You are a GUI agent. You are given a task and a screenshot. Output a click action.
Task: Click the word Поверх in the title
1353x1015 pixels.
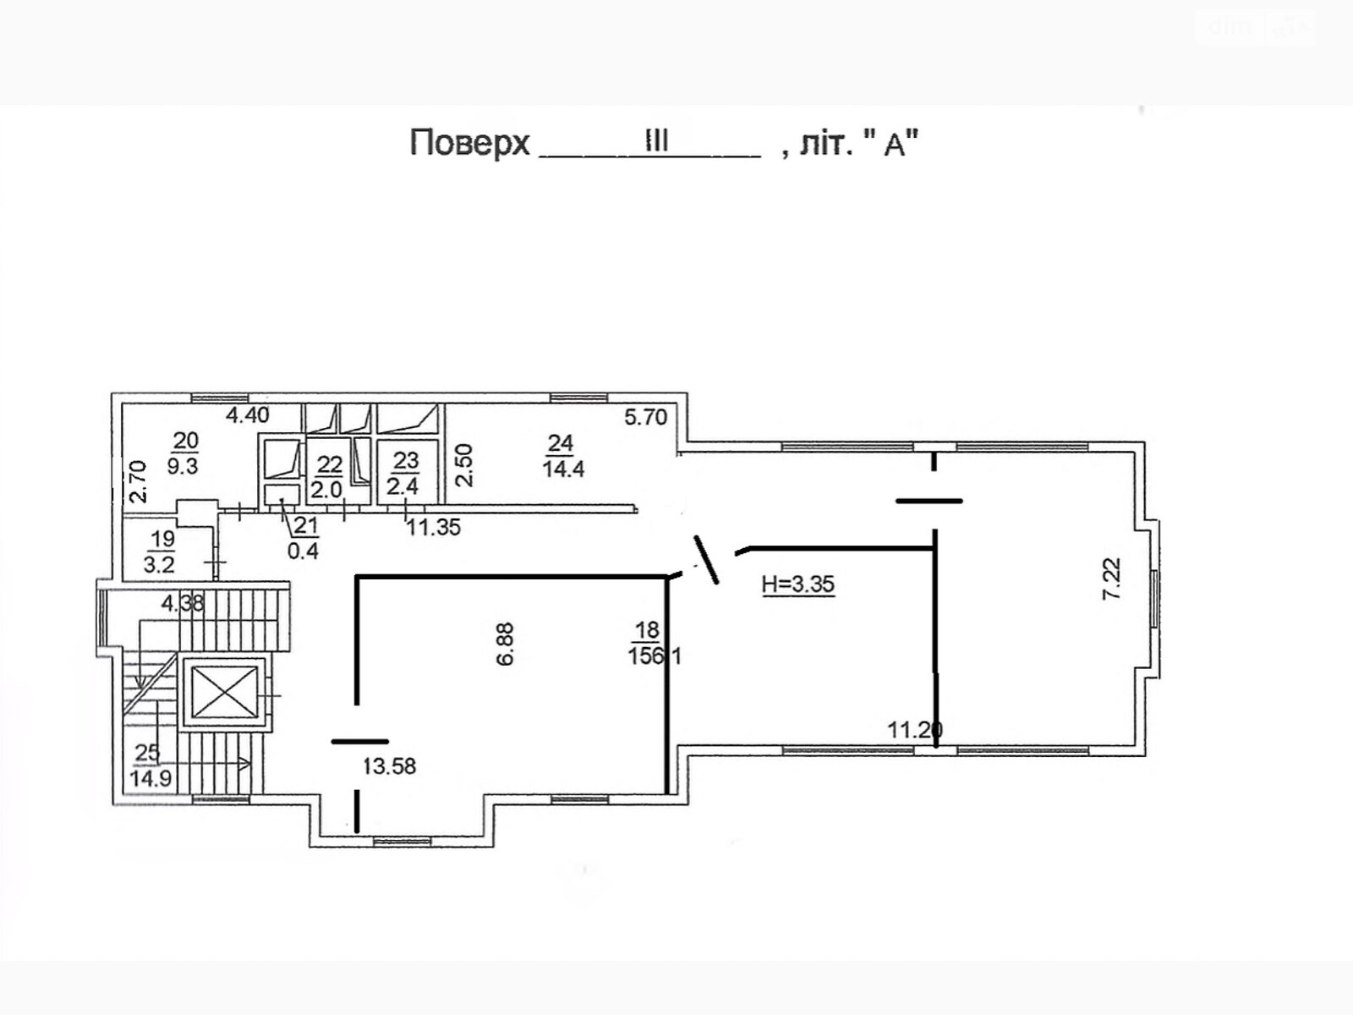point(469,143)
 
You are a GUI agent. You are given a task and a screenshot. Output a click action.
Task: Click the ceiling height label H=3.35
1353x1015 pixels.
point(798,583)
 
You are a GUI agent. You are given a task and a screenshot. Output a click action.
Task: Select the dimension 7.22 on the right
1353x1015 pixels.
point(1111,579)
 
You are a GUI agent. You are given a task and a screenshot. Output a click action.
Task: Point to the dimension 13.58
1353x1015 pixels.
point(389,766)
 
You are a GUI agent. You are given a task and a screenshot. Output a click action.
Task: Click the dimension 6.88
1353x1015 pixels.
point(504,644)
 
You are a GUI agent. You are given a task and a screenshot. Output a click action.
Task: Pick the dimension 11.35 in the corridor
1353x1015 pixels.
point(433,527)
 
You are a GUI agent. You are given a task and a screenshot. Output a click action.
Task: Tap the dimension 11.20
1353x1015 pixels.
point(915,730)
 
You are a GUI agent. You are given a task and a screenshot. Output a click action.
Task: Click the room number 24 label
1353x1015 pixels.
point(561,443)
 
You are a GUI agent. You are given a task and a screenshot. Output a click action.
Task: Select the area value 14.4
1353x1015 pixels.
point(563,469)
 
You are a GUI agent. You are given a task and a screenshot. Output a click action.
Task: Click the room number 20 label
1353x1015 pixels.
point(185,440)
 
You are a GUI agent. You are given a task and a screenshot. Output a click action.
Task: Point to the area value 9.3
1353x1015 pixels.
point(183,466)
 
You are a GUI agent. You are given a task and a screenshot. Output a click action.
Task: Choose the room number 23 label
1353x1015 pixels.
point(406,460)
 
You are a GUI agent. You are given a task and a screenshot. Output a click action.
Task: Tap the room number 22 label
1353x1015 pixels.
point(329,464)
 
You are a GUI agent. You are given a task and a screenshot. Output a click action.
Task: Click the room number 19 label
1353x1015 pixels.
point(163,540)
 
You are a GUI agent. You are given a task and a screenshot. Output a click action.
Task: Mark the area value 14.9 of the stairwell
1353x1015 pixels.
point(151,778)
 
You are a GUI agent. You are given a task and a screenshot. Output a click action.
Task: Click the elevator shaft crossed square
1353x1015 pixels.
point(224,692)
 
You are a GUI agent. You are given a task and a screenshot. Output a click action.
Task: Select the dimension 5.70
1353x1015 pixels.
point(645,417)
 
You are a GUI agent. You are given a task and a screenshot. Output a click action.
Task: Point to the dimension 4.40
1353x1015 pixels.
point(247,414)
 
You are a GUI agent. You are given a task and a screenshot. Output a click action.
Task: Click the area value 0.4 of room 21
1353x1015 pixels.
point(304,551)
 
